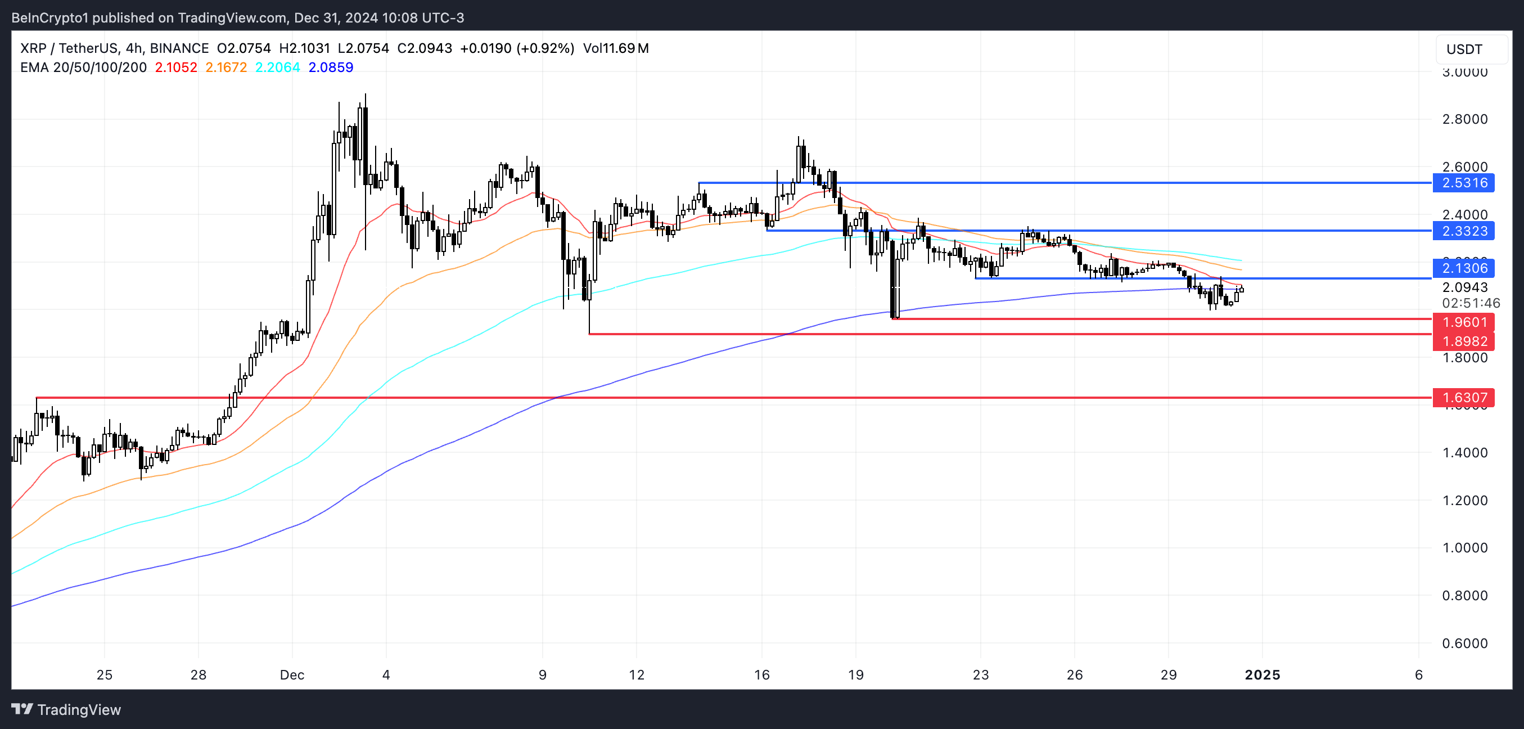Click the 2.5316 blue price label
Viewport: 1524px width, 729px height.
(1464, 183)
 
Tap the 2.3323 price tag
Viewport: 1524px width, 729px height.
(1464, 231)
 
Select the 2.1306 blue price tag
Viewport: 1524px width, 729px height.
(1464, 268)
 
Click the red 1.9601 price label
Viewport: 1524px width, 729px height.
(1464, 322)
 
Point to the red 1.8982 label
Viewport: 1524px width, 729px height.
(1464, 341)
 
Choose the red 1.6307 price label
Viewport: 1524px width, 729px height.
(1464, 397)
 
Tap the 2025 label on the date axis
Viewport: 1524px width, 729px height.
(1262, 674)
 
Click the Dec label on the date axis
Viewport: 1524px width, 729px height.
(292, 674)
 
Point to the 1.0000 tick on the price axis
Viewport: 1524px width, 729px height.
(1464, 547)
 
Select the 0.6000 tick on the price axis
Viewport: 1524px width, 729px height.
(1464, 643)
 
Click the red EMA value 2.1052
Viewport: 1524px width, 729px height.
(175, 67)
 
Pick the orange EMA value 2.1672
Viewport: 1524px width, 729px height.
(226, 67)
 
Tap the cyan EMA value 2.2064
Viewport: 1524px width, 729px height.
(277, 67)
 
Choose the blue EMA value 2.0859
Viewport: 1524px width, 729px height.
(331, 67)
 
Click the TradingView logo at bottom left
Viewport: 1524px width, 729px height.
(66, 709)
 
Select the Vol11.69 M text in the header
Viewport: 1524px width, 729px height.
(615, 48)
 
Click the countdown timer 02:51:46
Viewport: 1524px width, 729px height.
(1471, 303)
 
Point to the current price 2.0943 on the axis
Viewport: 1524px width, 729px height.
(1464, 287)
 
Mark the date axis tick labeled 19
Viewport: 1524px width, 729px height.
(855, 674)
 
